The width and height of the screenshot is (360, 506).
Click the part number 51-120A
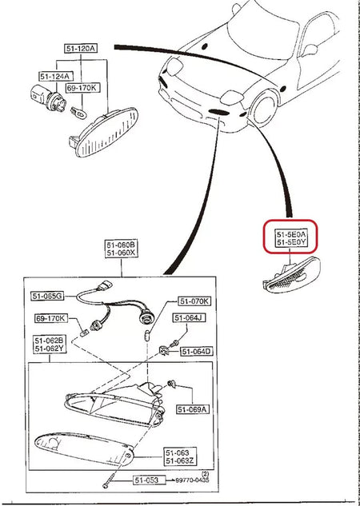tap(82, 48)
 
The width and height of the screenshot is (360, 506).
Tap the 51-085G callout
tap(47, 296)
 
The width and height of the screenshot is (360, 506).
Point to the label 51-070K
tap(194, 301)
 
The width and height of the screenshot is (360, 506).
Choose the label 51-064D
tap(196, 351)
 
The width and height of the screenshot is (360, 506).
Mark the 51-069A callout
tap(193, 409)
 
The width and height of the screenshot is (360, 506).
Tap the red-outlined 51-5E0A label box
tap(292, 236)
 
